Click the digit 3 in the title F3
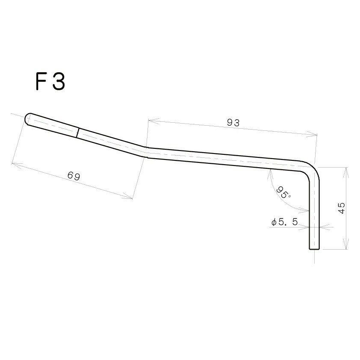coord(59,82)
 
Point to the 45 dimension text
coord(342,208)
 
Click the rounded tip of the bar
coord(28,118)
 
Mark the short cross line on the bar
coord(77,133)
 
